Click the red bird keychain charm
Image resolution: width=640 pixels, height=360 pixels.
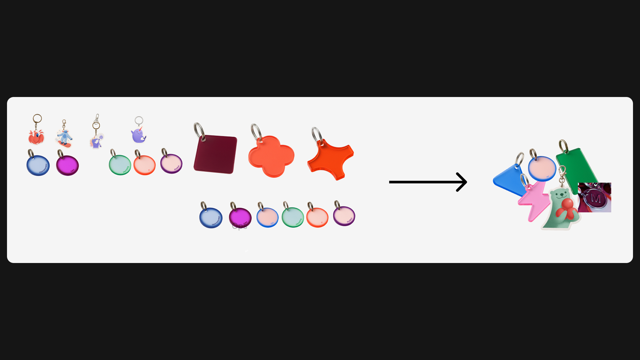pyautogui.click(x=36, y=137)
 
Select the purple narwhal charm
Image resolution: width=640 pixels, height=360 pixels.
pyautogui.click(x=138, y=135)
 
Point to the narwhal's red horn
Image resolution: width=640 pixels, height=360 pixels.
pyautogui.click(x=141, y=128)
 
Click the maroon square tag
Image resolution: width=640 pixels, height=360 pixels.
pyautogui.click(x=216, y=154)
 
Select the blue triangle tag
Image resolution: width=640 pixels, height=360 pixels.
pyautogui.click(x=507, y=180)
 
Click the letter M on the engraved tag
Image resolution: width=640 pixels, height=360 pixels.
pyautogui.click(x=596, y=199)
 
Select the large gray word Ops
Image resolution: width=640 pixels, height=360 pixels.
pyautogui.click(x=240, y=227)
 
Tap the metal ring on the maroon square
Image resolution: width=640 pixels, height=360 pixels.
pyautogui.click(x=199, y=131)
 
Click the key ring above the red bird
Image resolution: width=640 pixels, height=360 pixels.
pyautogui.click(x=37, y=118)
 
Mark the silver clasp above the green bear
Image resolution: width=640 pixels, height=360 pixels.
pyautogui.click(x=562, y=174)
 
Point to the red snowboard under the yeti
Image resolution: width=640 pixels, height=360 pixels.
pyautogui.click(x=65, y=145)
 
